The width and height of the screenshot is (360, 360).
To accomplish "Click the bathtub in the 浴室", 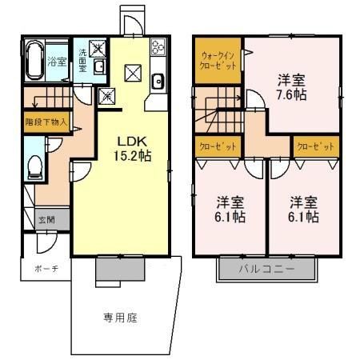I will tap(34, 59).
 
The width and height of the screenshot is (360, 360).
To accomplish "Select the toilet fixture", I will tap(34, 166).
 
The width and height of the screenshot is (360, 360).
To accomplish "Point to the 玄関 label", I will tap(46, 218).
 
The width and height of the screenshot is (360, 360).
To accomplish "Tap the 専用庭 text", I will tap(120, 318).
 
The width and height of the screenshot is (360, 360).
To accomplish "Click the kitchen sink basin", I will tap(157, 81).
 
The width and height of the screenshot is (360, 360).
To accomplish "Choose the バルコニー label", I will tap(267, 270).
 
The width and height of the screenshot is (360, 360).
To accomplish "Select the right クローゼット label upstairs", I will tap(315, 146).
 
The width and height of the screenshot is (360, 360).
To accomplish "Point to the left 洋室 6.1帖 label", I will tap(229, 209).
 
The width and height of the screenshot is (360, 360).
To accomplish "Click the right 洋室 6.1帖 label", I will tap(303, 209).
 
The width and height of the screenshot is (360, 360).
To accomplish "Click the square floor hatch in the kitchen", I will tap(133, 74).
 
